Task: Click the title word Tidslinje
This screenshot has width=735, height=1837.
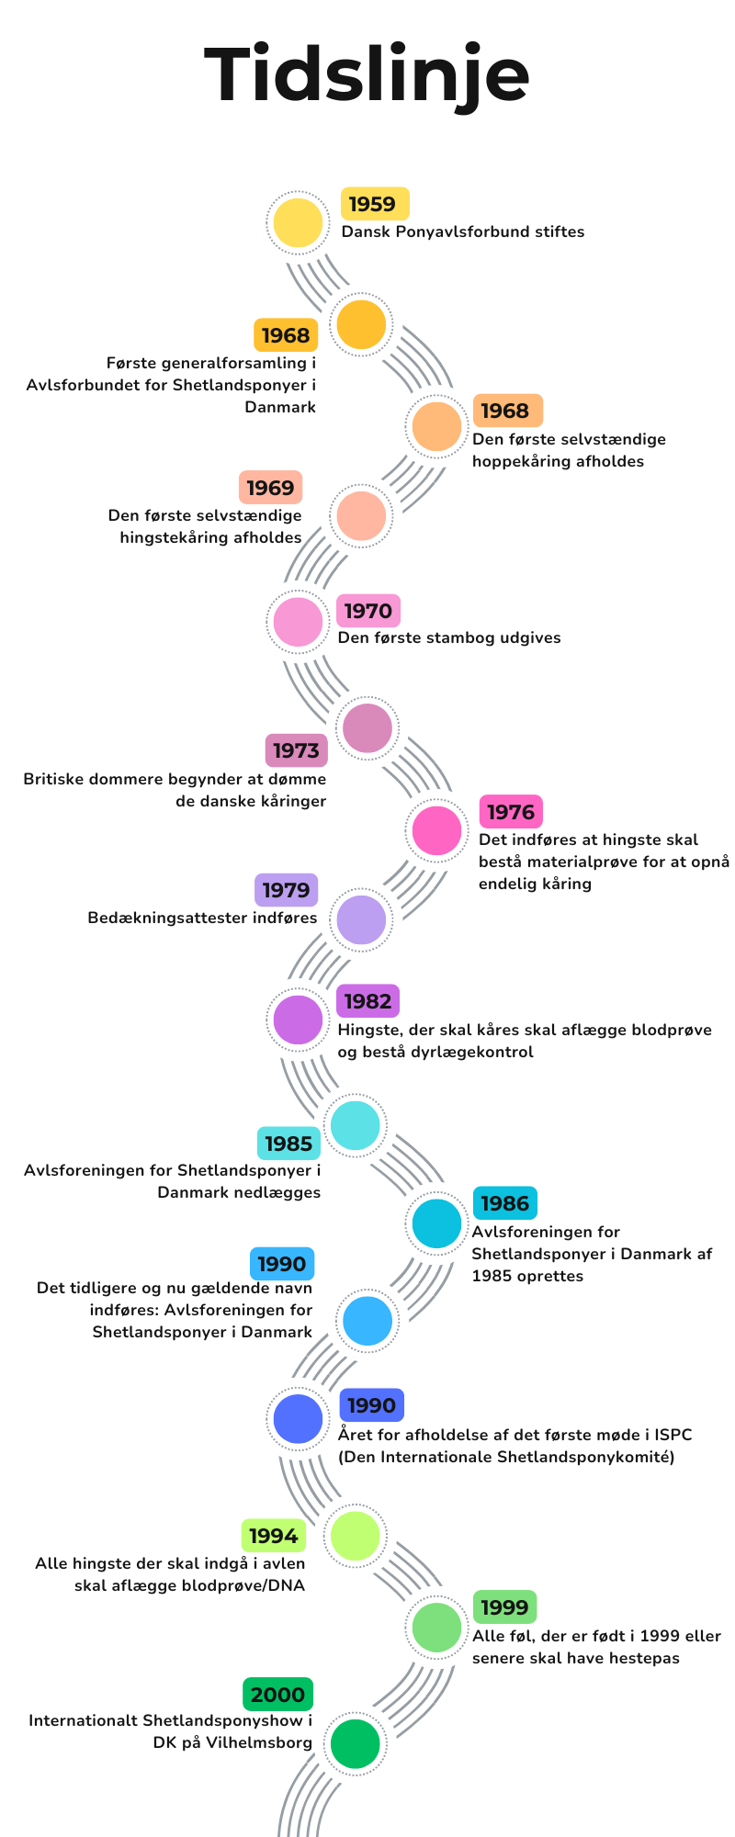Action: pyautogui.click(x=367, y=76)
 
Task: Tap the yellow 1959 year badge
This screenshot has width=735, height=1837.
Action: pyautogui.click(x=375, y=204)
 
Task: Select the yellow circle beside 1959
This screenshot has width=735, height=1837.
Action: pyautogui.click(x=299, y=222)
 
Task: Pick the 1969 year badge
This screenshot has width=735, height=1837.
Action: pyautogui.click(x=270, y=488)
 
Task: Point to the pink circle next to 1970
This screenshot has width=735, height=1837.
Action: pyautogui.click(x=299, y=622)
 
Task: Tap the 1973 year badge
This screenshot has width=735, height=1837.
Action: pyautogui.click(x=296, y=750)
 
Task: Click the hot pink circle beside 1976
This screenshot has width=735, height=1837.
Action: pyautogui.click(x=436, y=830)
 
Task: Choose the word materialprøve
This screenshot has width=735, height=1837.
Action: pyautogui.click(x=580, y=862)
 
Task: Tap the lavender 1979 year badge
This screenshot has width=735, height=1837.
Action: pyautogui.click(x=286, y=890)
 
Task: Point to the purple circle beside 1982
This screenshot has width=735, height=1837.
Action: pyautogui.click(x=299, y=1020)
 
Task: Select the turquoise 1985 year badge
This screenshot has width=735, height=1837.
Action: pyautogui.click(x=288, y=1144)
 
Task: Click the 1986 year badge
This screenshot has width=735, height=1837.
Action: pyautogui.click(x=504, y=1203)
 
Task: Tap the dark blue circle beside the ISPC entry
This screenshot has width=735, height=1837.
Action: pyautogui.click(x=299, y=1418)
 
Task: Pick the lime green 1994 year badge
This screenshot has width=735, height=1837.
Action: pyautogui.click(x=273, y=1536)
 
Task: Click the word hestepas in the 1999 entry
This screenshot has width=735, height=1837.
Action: pyautogui.click(x=642, y=1658)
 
